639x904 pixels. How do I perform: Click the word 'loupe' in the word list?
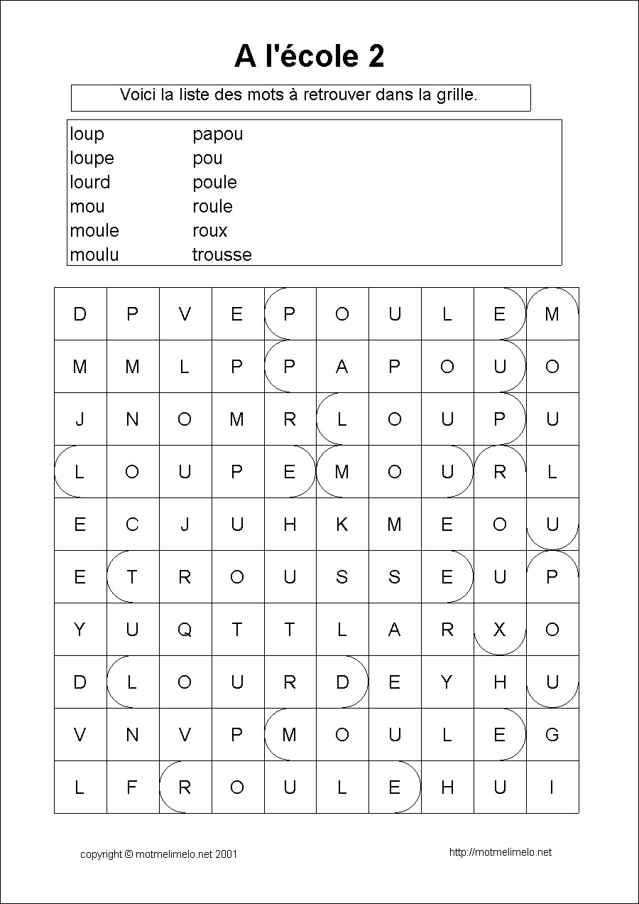(x=92, y=158)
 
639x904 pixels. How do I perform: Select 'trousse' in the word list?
(x=222, y=255)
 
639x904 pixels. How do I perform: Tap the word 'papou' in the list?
(x=217, y=134)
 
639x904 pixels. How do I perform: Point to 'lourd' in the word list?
(x=90, y=183)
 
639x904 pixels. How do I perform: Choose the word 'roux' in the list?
(x=209, y=231)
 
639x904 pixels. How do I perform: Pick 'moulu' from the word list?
(x=94, y=255)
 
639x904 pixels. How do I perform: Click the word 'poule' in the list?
(x=214, y=183)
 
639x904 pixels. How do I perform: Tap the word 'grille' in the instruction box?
(x=454, y=95)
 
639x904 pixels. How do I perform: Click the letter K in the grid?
(x=342, y=524)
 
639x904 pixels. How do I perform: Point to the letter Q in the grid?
(x=184, y=630)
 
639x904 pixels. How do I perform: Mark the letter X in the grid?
(x=499, y=630)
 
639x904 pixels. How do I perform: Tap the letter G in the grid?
(x=552, y=735)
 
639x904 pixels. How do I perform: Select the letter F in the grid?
(x=132, y=787)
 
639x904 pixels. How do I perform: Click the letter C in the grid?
(x=132, y=524)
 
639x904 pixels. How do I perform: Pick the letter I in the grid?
(x=552, y=787)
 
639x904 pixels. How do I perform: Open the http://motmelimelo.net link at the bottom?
(x=501, y=852)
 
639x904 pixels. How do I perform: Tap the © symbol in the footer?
(x=129, y=854)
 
